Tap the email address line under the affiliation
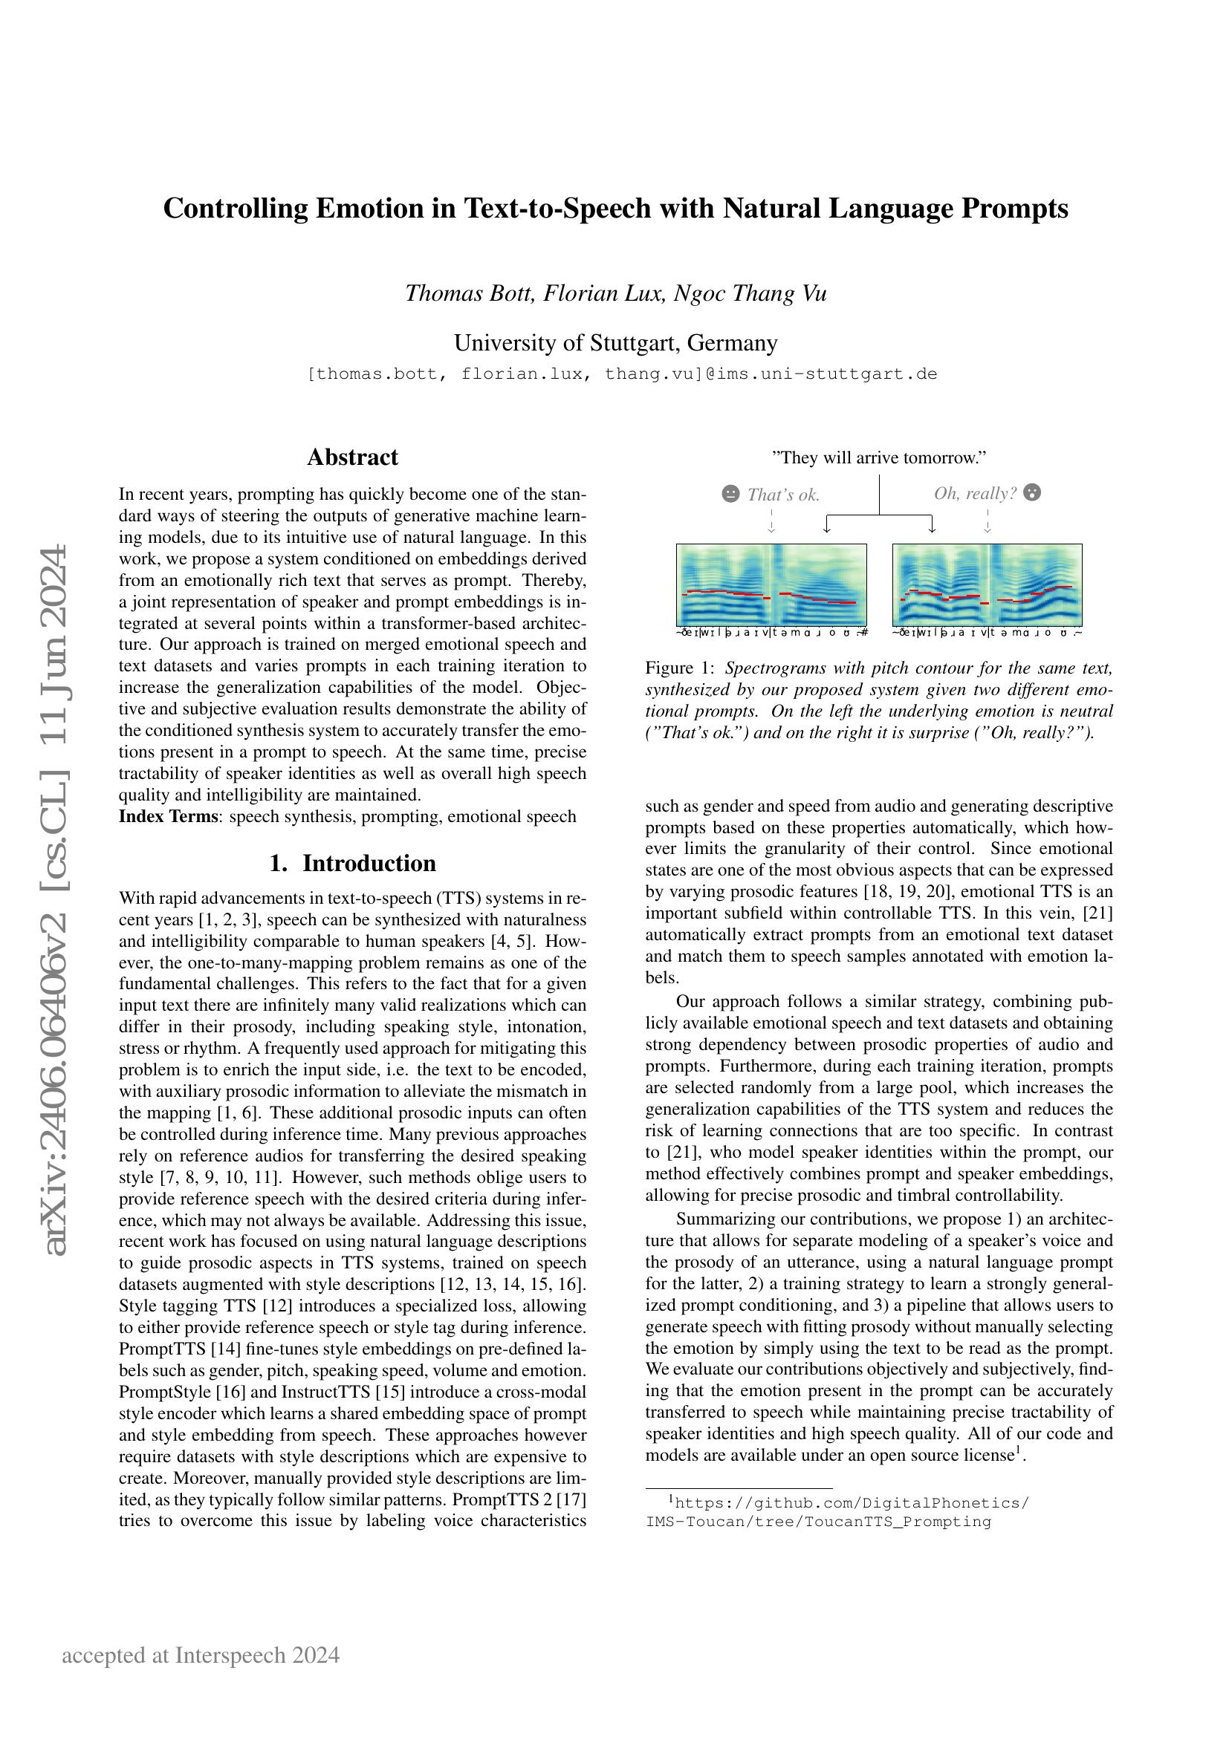click(x=622, y=374)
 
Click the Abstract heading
click(x=352, y=457)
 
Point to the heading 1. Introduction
click(x=352, y=863)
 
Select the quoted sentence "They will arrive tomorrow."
click(x=878, y=457)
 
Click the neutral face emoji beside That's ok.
click(x=730, y=494)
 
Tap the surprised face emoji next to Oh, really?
click(x=1031, y=492)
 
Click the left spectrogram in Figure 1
click(x=771, y=584)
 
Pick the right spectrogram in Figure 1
click(x=987, y=584)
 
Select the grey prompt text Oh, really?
click(x=975, y=493)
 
